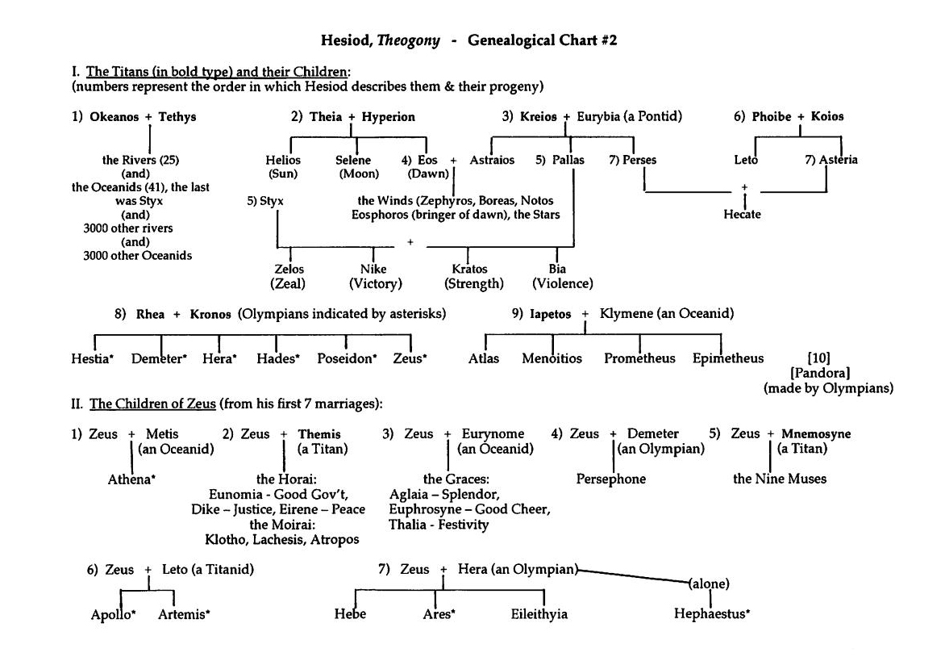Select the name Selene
pyautogui.click(x=353, y=161)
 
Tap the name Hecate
pyautogui.click(x=742, y=215)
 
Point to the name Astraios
pyautogui.click(x=492, y=161)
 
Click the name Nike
pyautogui.click(x=374, y=270)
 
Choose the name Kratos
pyautogui.click(x=470, y=270)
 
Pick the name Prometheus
pyautogui.click(x=639, y=359)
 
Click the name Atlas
pyautogui.click(x=484, y=359)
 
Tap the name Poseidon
pyautogui.click(x=346, y=359)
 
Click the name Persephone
pyautogui.click(x=611, y=479)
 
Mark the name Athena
pyautogui.click(x=131, y=479)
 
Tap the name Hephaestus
pyautogui.click(x=711, y=614)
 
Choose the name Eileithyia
pyautogui.click(x=539, y=614)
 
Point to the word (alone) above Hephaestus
pyautogui.click(x=710, y=583)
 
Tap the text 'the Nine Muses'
pyautogui.click(x=780, y=479)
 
